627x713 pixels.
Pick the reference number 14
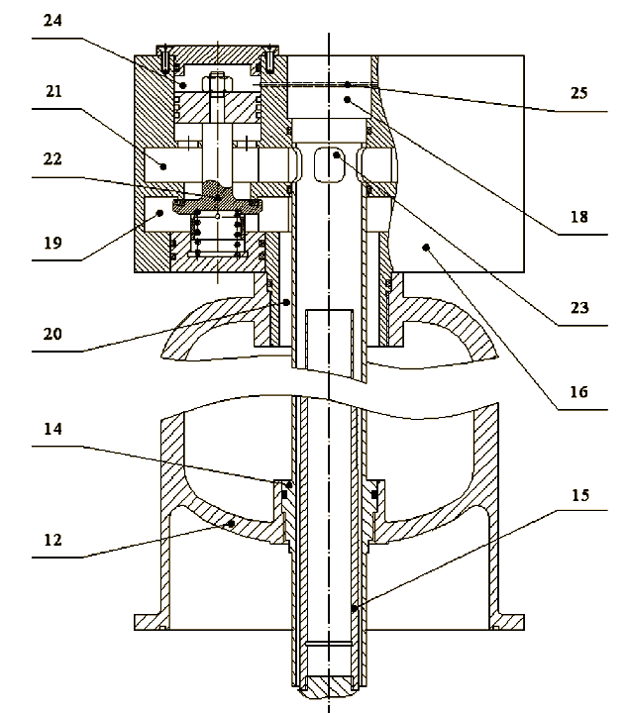[52, 432]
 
